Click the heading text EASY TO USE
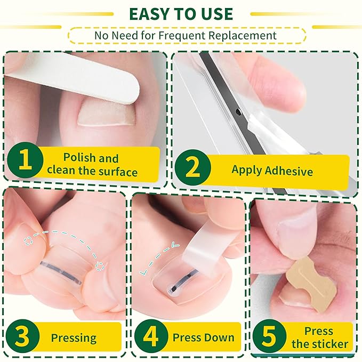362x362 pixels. click(180, 13)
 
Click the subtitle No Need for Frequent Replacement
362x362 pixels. click(186, 36)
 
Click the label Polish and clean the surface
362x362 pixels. click(92, 165)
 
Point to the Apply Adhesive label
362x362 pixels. click(272, 171)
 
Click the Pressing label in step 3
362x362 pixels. click(74, 337)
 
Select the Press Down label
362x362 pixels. click(203, 337)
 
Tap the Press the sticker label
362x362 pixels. click(319, 337)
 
